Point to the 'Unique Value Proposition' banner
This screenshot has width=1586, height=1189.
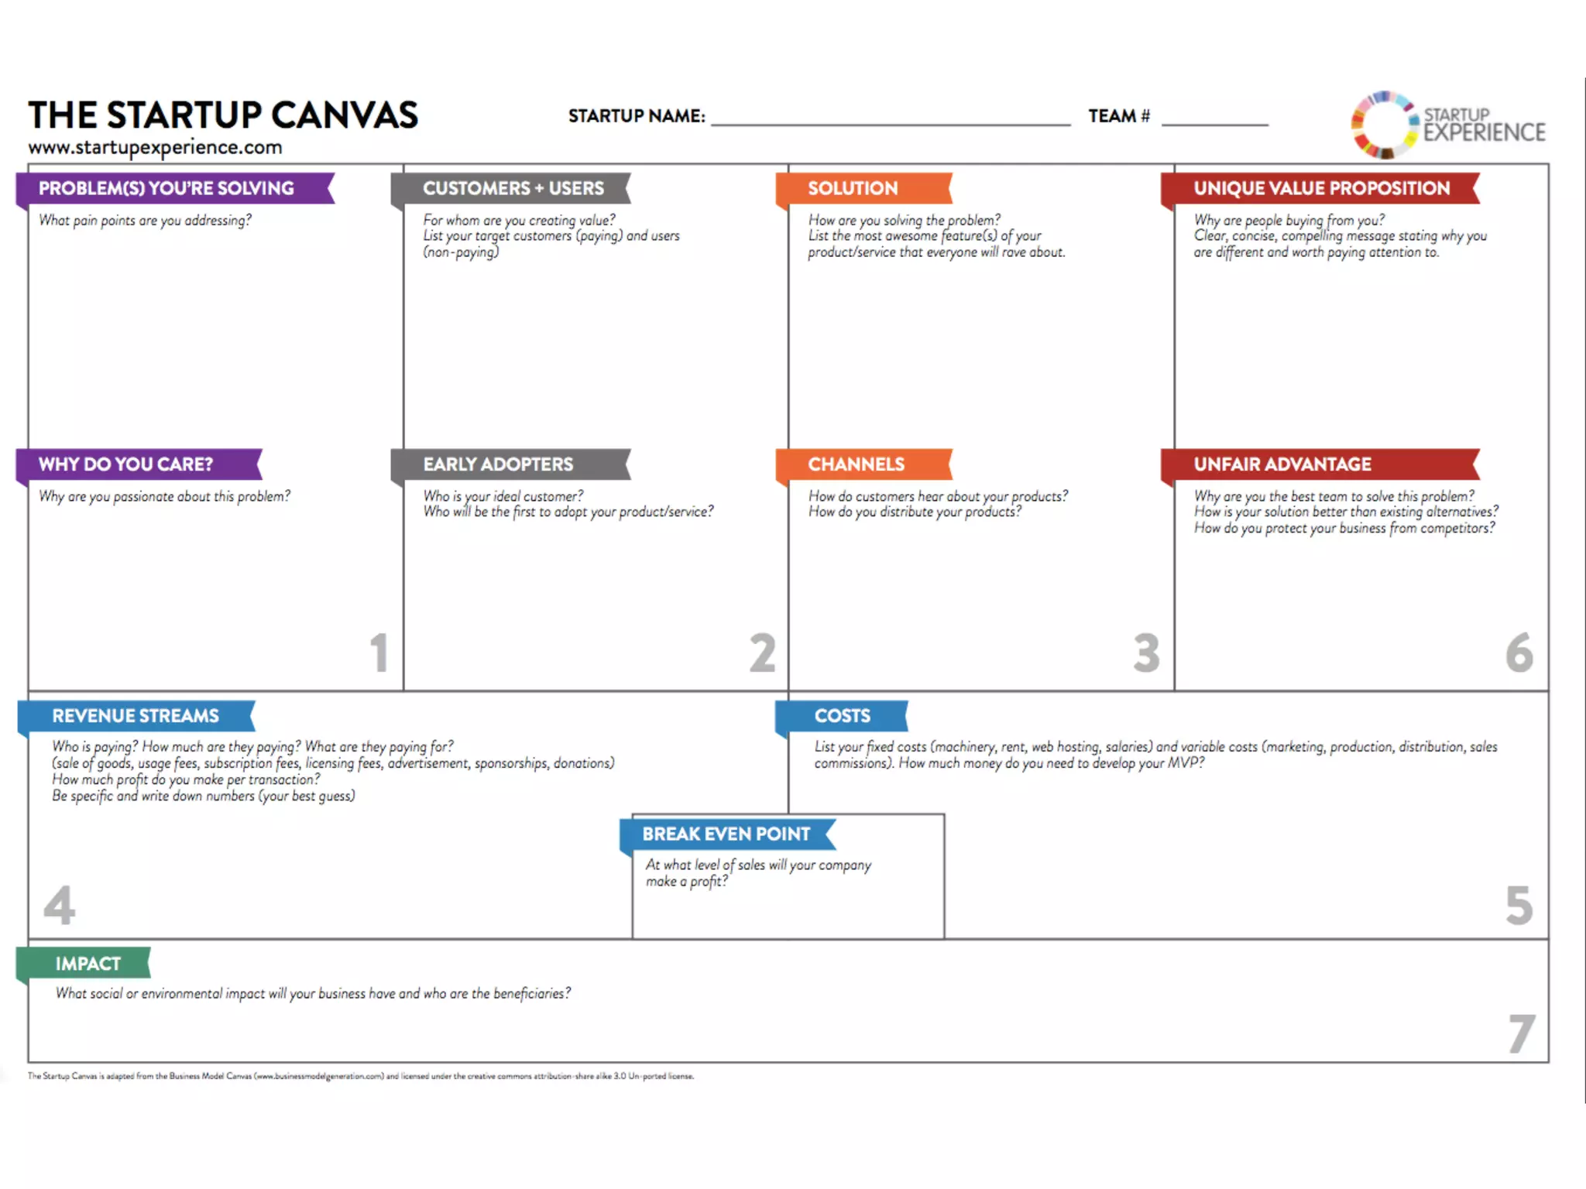tap(1320, 188)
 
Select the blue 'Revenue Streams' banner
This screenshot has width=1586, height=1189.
tap(136, 716)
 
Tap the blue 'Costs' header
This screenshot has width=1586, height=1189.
tap(842, 716)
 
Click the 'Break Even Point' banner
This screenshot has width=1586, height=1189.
tap(726, 834)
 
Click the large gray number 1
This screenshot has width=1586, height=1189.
tap(379, 653)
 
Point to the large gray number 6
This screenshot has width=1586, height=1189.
tap(1519, 653)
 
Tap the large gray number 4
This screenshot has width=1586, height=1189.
tap(59, 905)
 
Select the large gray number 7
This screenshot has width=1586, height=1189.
tap(1522, 1034)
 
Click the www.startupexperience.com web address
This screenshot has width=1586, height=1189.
tap(155, 147)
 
